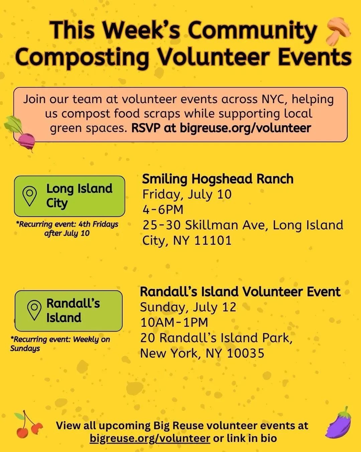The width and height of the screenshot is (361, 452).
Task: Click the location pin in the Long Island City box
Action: [x=29, y=196]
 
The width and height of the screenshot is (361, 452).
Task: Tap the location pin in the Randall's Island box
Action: [x=34, y=310]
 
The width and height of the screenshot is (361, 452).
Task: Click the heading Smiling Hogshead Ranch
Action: [x=218, y=179]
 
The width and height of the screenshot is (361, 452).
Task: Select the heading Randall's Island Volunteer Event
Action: [x=240, y=292]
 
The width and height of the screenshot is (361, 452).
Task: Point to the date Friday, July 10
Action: [x=187, y=195]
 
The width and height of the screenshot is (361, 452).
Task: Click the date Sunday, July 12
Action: [x=188, y=307]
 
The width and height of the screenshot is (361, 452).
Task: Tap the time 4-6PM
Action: [x=163, y=210]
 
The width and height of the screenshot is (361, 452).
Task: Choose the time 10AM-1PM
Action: [x=174, y=323]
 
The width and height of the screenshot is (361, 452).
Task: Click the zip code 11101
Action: [x=213, y=240]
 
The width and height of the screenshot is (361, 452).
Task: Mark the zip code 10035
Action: [x=246, y=353]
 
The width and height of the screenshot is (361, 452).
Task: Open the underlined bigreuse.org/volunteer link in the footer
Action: [x=150, y=438]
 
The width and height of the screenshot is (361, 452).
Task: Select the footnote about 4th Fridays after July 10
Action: [x=67, y=229]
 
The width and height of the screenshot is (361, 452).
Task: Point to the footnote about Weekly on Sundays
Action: [x=60, y=344]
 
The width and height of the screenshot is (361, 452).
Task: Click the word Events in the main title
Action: [x=315, y=56]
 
